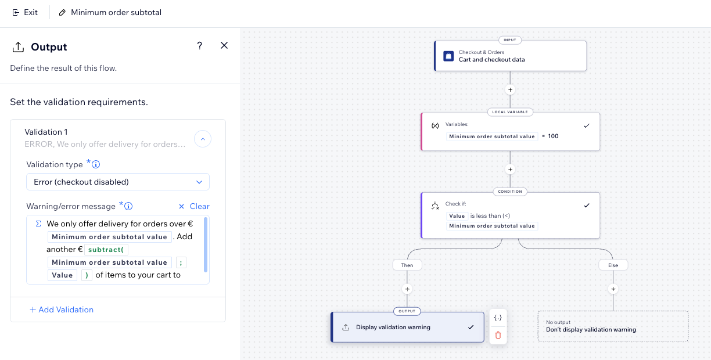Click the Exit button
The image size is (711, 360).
[25, 12]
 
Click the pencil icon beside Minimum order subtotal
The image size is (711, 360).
[63, 12]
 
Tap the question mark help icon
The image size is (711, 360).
[199, 46]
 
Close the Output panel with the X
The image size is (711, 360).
[224, 45]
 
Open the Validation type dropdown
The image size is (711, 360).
[118, 182]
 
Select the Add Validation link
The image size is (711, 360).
[62, 309]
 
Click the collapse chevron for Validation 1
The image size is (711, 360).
[202, 138]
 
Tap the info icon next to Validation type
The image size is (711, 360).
[96, 164]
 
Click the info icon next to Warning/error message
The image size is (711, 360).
[129, 206]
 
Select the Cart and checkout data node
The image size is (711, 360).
[510, 56]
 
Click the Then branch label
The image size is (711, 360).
[407, 265]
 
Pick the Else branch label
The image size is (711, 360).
[613, 265]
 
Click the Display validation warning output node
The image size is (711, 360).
[407, 327]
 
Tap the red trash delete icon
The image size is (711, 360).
[498, 335]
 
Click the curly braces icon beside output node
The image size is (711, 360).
[498, 318]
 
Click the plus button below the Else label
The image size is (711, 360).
[613, 289]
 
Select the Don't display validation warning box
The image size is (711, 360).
[613, 326]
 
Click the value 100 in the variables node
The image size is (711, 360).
[553, 136]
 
